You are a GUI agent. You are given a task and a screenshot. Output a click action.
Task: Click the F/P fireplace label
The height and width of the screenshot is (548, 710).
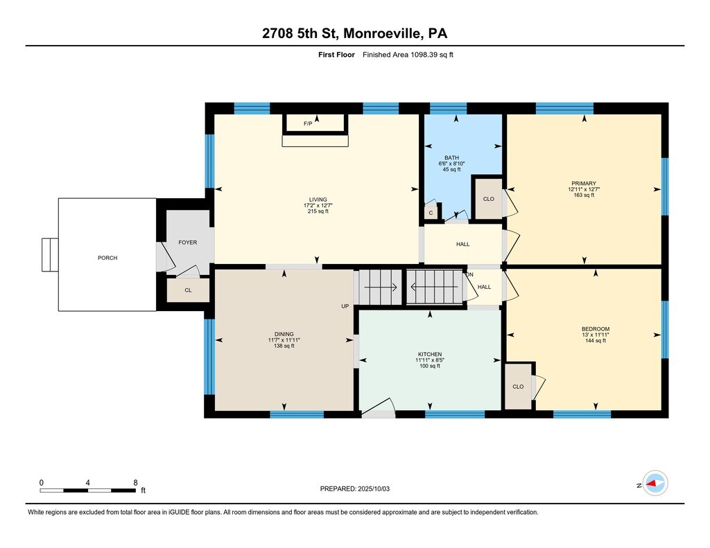click(x=308, y=123)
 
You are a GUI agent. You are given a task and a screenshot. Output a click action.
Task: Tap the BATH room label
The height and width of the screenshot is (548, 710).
click(x=451, y=158)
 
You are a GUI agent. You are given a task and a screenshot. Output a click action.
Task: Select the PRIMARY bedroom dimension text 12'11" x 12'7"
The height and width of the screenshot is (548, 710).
click(x=584, y=190)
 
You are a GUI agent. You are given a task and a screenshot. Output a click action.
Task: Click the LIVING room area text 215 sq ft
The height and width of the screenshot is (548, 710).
click(x=318, y=211)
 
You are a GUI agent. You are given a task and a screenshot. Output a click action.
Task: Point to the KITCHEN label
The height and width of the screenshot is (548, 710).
click(x=430, y=354)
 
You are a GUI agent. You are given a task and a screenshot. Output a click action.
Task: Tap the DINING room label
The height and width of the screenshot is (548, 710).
click(x=284, y=335)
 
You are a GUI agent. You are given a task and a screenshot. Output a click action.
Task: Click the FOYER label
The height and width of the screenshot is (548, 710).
click(x=187, y=242)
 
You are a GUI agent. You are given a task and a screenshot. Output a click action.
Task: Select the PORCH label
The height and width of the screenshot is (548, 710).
click(x=107, y=258)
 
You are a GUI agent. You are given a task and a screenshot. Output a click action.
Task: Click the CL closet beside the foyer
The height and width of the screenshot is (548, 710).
click(x=188, y=290)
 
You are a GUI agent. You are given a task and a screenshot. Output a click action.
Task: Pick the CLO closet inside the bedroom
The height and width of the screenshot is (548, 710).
click(x=518, y=387)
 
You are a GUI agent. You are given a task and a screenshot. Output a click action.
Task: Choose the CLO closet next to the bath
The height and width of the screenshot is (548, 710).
click(x=489, y=199)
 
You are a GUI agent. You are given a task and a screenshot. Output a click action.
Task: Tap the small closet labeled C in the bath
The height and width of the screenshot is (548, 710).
click(x=431, y=213)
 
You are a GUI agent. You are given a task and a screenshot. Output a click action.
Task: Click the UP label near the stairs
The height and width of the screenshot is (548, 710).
click(x=345, y=306)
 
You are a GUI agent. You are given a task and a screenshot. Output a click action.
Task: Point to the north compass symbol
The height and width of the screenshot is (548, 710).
click(x=655, y=484)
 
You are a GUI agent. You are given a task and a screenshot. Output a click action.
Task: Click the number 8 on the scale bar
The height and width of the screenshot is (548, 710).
click(x=135, y=483)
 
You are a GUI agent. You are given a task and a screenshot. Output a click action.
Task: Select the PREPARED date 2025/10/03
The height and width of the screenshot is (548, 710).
click(x=374, y=488)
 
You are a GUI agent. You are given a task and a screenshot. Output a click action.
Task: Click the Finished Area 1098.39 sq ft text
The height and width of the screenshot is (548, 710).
click(x=408, y=55)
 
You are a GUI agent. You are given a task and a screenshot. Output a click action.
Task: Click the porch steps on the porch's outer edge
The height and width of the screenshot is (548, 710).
click(x=50, y=255)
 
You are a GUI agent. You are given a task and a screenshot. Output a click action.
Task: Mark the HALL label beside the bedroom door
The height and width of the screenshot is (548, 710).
click(x=484, y=287)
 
